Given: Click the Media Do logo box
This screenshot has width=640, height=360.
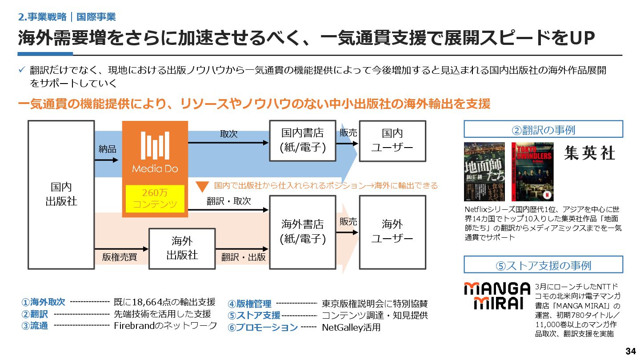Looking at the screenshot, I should pos(155,151).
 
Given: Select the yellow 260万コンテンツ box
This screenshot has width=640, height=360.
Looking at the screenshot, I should pos(155,198).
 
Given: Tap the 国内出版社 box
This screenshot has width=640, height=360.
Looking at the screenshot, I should pos(61,194).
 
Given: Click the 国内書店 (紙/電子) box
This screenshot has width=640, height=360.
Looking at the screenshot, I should pos(303,140).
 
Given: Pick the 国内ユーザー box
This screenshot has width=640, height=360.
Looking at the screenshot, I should pos(392,140).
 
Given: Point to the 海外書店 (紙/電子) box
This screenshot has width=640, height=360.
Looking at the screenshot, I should pos(303,232).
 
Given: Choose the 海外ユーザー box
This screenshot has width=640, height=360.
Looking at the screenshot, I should pos(392,232).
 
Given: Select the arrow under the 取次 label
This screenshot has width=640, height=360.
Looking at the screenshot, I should pos(228,143).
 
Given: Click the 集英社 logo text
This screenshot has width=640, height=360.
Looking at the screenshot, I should pos(590,153).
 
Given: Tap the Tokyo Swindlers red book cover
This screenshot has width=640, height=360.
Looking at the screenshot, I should pos(532,171).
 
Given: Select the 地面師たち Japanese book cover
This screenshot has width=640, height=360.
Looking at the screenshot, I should pos(484,171).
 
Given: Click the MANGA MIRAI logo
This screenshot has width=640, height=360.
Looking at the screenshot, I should pos(497,296).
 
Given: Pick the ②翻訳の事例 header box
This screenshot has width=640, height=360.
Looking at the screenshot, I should pos(543,129).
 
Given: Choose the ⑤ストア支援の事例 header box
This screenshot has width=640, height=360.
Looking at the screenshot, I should pos(543,265).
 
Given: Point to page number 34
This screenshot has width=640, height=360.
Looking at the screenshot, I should pos(630,351).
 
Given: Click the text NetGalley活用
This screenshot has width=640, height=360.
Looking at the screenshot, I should pos(351,328).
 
